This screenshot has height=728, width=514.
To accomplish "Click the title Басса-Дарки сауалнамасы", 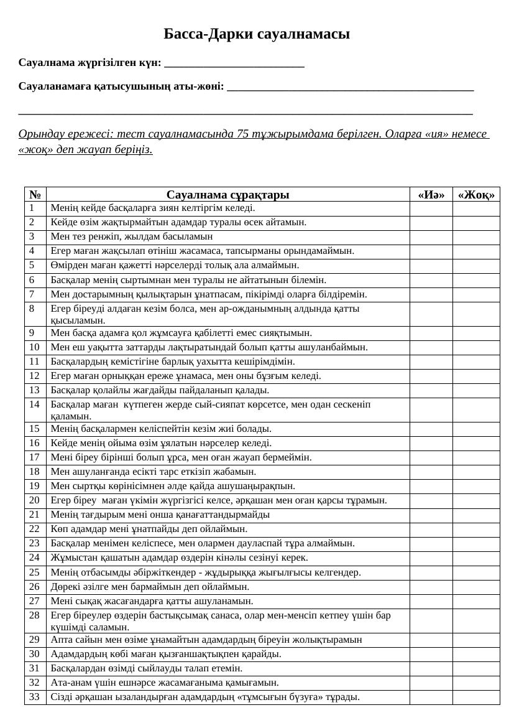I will click(257, 34).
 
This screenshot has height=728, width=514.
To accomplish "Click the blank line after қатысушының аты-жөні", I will click(351, 87).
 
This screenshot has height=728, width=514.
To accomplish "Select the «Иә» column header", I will click(431, 195).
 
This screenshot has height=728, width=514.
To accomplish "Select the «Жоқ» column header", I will click(476, 195).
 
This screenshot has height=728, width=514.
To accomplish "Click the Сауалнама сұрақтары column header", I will click(227, 195).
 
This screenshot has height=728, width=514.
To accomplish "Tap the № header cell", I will click(35, 195).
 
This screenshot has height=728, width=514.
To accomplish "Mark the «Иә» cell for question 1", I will click(431, 208).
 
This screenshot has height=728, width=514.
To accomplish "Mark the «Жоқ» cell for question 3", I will click(476, 237).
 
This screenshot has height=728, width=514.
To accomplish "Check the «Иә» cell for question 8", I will click(431, 314).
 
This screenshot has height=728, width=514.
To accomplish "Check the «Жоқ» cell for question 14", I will click(476, 410).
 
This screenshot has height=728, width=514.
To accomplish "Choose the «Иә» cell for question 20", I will click(431, 500).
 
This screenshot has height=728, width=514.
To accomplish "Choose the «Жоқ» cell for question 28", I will click(476, 621).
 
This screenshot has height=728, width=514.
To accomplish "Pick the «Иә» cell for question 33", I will click(431, 697).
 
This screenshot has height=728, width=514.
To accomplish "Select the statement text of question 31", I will click(147, 668).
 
